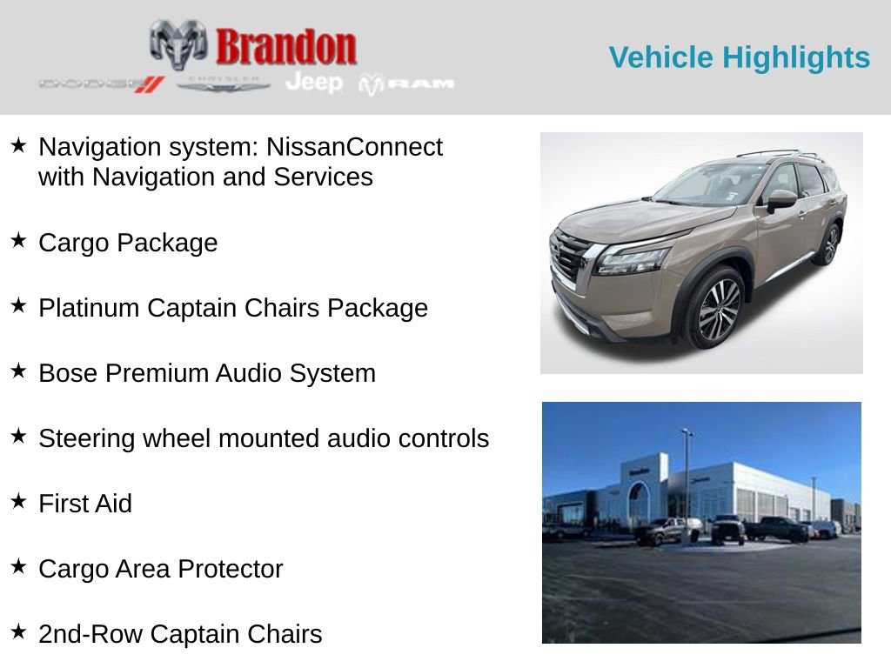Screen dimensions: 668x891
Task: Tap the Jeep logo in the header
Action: click(314, 82)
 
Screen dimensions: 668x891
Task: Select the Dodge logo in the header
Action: click(101, 83)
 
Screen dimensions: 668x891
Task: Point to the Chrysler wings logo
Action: click(224, 83)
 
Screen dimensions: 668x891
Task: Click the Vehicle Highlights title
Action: click(739, 57)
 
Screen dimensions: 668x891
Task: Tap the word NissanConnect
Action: click(354, 147)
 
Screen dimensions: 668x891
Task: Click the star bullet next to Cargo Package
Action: click(18, 240)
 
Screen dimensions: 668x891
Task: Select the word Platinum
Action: click(89, 308)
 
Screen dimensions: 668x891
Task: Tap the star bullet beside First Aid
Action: click(18, 501)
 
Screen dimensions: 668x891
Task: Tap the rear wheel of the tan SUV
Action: click(827, 244)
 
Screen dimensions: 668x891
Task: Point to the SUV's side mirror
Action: click(780, 198)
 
